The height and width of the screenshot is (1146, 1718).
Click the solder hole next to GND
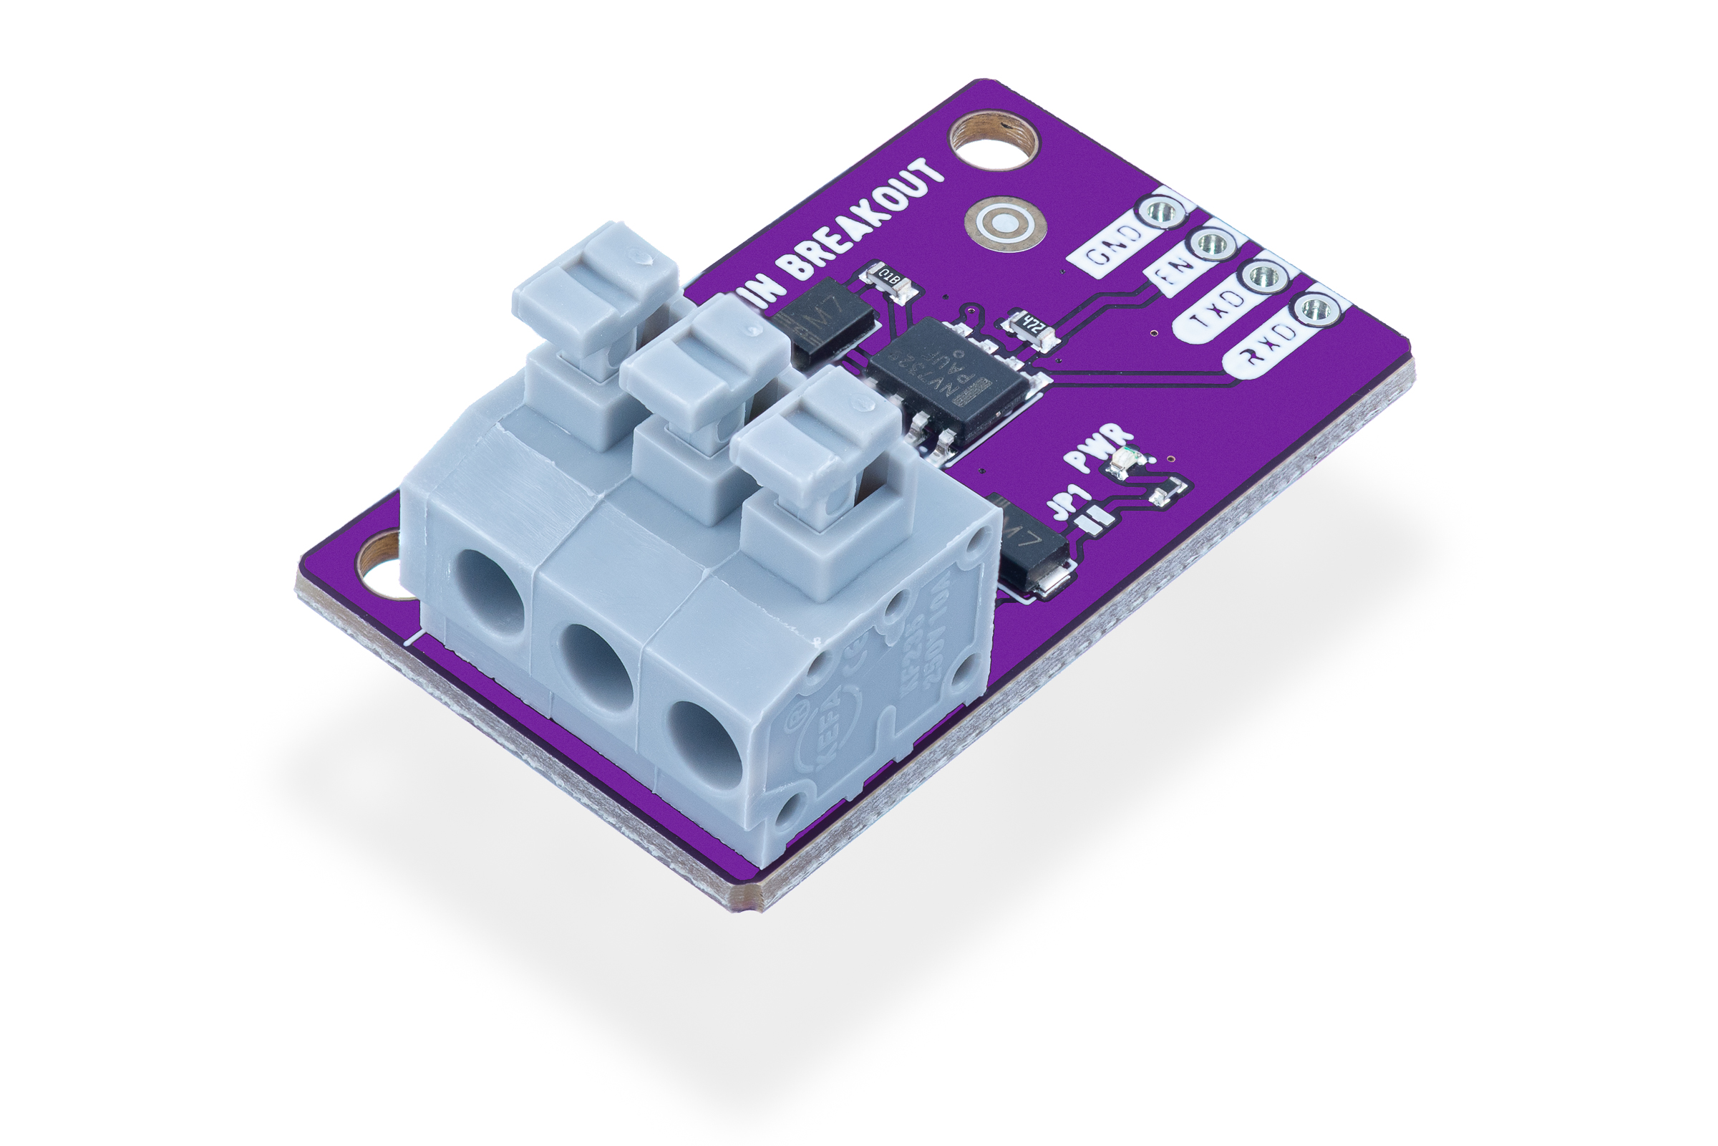coord(1161,212)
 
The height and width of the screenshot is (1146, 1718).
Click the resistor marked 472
coord(1032,326)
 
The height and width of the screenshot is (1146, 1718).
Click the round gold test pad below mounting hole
coord(1004,222)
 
